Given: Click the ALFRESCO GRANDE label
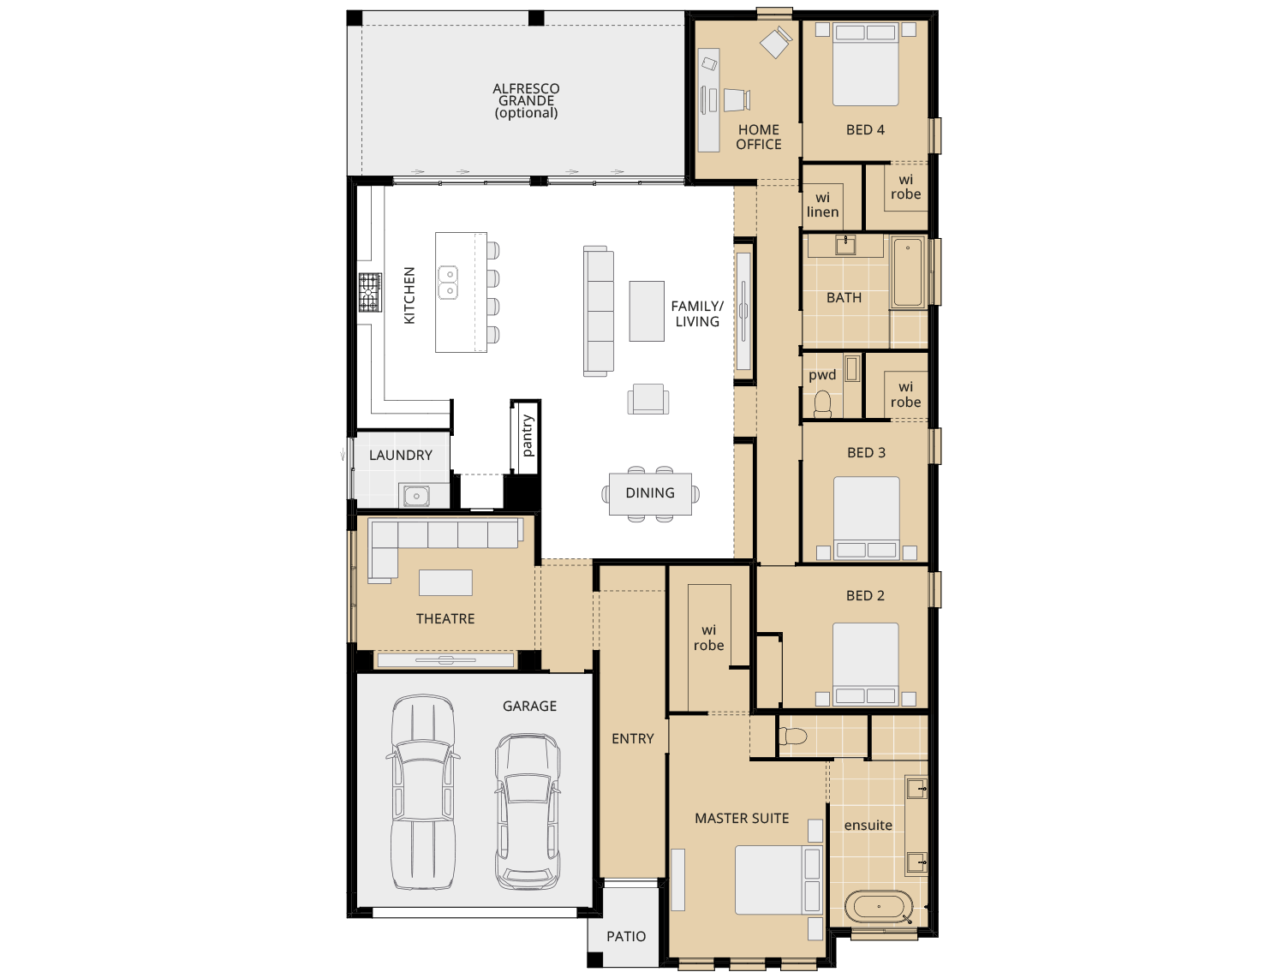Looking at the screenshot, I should click(526, 100).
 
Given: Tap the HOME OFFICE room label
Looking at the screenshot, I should click(759, 137).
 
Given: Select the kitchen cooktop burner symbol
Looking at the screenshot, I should click(370, 293).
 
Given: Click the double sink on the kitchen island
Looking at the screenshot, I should click(448, 283).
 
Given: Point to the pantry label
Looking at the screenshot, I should click(527, 436).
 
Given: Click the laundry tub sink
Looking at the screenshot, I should click(416, 495).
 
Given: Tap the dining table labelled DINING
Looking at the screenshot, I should click(650, 493).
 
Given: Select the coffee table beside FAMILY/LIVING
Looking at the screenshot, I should click(647, 311).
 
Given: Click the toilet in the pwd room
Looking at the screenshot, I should click(823, 403).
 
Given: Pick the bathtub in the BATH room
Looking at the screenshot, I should click(908, 272).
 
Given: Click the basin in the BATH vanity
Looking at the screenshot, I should click(845, 245).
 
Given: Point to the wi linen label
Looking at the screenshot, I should click(822, 205).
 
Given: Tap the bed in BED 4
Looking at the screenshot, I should click(866, 65).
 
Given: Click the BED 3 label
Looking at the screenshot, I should click(866, 452).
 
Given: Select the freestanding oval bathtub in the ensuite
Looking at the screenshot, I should click(879, 906).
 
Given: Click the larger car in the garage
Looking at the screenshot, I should click(422, 792).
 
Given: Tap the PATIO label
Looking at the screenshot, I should click(626, 936).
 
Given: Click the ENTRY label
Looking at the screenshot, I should click(633, 738).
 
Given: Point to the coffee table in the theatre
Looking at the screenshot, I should click(445, 582).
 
